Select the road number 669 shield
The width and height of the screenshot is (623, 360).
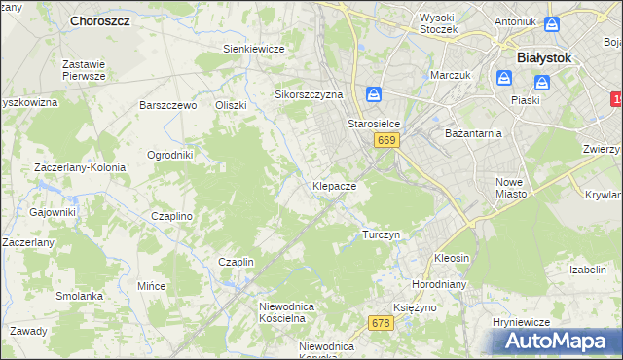pyautogui.click(x=386, y=141)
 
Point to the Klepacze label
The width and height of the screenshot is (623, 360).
pyautogui.click(x=339, y=185)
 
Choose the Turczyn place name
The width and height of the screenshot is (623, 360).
pyautogui.click(x=381, y=235)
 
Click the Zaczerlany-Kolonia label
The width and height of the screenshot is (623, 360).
pyautogui.click(x=80, y=167)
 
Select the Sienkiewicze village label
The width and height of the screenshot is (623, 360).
pyautogui.click(x=253, y=49)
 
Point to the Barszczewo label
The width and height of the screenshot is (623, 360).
pyautogui.click(x=168, y=105)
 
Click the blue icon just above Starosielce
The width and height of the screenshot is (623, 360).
pyautogui.click(x=375, y=95)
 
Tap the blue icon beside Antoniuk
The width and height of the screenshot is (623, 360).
pyautogui.click(x=552, y=23)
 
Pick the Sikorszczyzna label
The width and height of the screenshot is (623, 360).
pyautogui.click(x=310, y=95)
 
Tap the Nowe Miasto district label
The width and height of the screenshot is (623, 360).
pyautogui.click(x=511, y=188)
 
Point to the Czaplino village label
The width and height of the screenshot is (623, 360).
pyautogui.click(x=172, y=217)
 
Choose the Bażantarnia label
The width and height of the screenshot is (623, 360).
pyautogui.click(x=472, y=132)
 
